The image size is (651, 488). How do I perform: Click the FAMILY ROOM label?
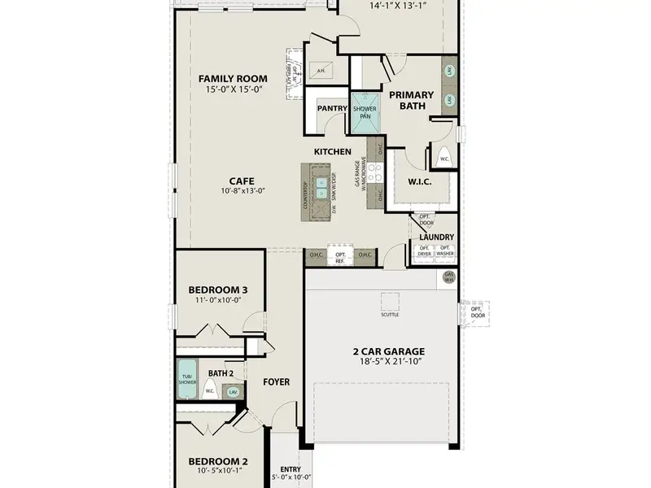pyautogui.click(x=229, y=79)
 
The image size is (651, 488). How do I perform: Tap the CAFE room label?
pyautogui.click(x=240, y=181)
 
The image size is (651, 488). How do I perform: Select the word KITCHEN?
pyautogui.click(x=333, y=152)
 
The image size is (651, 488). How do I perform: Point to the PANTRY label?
pyautogui.click(x=331, y=107)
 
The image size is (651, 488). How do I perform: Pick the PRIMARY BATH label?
pyautogui.click(x=411, y=100)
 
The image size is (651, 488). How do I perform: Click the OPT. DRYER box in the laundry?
pyautogui.click(x=424, y=251)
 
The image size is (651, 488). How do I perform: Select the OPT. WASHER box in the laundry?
pyautogui.click(x=445, y=251)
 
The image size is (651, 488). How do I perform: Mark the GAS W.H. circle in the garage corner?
pyautogui.click(x=448, y=277)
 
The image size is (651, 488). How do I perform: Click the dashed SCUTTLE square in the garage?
pyautogui.click(x=390, y=301)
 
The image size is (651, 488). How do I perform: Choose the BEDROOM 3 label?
pyautogui.click(x=217, y=290)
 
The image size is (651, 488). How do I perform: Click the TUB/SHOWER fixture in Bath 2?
pyautogui.click(x=187, y=378)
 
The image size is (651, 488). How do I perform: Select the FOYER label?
pyautogui.click(x=276, y=381)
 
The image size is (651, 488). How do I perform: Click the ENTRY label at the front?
pyautogui.click(x=290, y=469)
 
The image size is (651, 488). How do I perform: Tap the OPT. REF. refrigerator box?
pyautogui.click(x=341, y=257)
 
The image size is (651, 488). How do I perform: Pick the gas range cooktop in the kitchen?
pyautogui.click(x=374, y=173)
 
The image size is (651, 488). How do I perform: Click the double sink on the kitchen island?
pyautogui.click(x=322, y=188)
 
